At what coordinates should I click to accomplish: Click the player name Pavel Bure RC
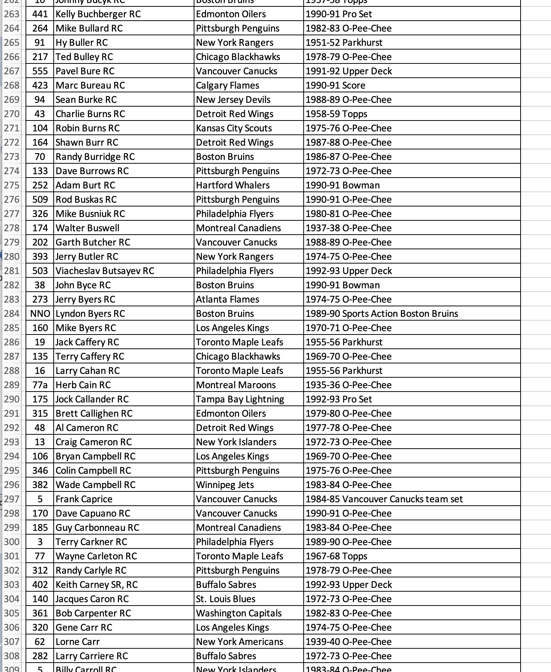[85, 71]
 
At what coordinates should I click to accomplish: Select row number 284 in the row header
[12, 313]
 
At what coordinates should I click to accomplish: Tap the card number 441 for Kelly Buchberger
[40, 14]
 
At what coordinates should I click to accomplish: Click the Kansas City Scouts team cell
[234, 128]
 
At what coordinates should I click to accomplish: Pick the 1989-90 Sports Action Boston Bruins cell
[382, 313]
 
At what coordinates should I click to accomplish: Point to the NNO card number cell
[40, 313]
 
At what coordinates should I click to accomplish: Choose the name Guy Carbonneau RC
[97, 527]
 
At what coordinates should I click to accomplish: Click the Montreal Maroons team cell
[236, 385]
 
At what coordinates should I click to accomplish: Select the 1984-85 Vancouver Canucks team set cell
[384, 499]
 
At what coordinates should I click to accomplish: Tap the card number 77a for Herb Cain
[40, 385]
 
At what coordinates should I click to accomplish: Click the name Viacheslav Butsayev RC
[105, 271]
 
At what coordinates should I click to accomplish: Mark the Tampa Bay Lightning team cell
[240, 399]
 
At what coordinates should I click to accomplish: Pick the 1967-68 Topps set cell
[336, 556]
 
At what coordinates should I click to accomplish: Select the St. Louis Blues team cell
[226, 599]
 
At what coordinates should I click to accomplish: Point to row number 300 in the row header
[12, 542]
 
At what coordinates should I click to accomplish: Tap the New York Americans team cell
[239, 642]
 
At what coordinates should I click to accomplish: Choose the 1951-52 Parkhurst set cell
[344, 42]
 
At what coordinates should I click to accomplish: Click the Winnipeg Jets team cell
[225, 485]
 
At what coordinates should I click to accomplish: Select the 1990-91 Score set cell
[335, 85]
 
